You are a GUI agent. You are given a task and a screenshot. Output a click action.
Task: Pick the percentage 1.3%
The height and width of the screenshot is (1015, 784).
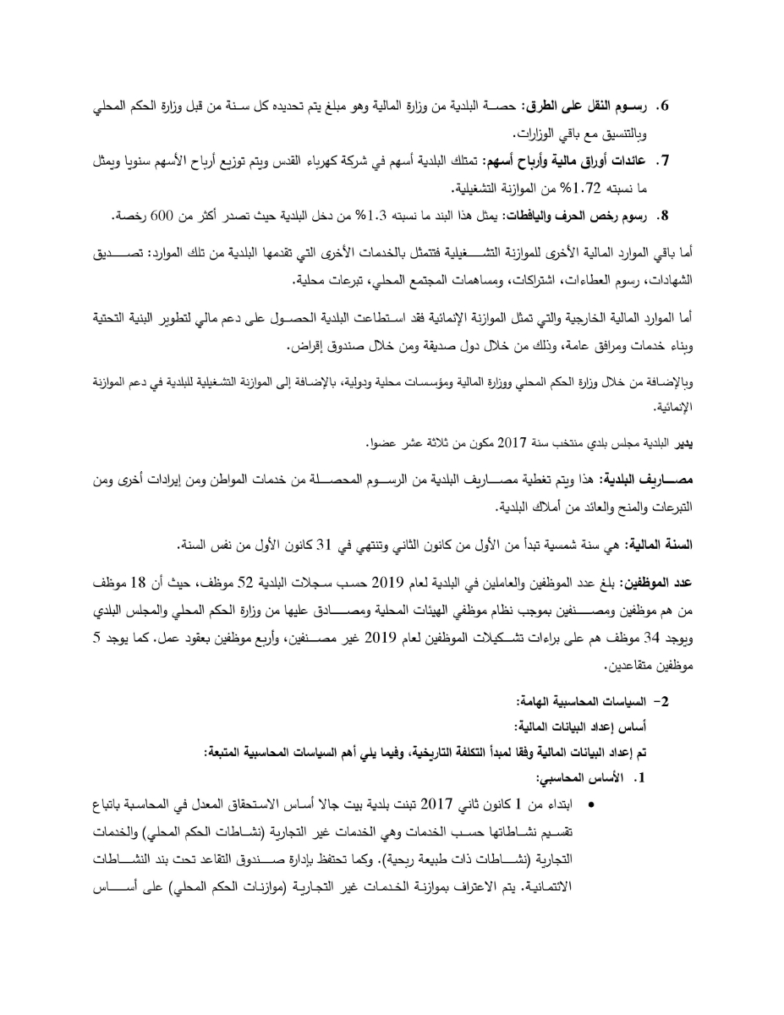coord(372,217)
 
